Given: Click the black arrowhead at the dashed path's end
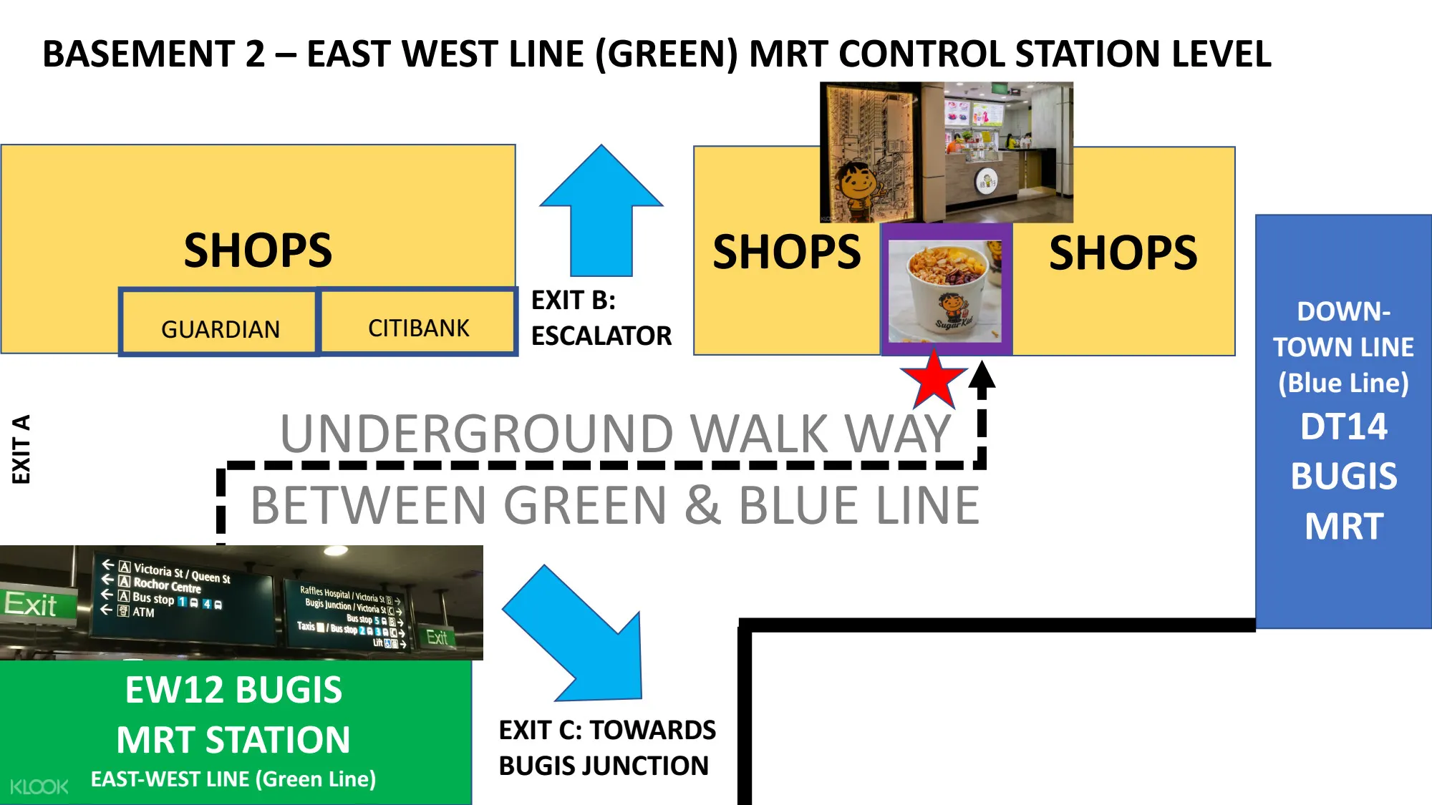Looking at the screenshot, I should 982,376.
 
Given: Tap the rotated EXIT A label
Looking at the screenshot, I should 21,449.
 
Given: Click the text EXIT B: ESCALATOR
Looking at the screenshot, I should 600,318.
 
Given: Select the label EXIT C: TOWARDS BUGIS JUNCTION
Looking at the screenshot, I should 606,748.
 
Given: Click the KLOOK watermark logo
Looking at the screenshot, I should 39,787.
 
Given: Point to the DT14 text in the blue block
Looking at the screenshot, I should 1343,426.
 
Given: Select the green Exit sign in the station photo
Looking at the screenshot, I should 32,605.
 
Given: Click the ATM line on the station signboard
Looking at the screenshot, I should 142,613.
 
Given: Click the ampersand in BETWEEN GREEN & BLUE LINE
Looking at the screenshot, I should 702,505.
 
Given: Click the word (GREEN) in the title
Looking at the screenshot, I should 666,54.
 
